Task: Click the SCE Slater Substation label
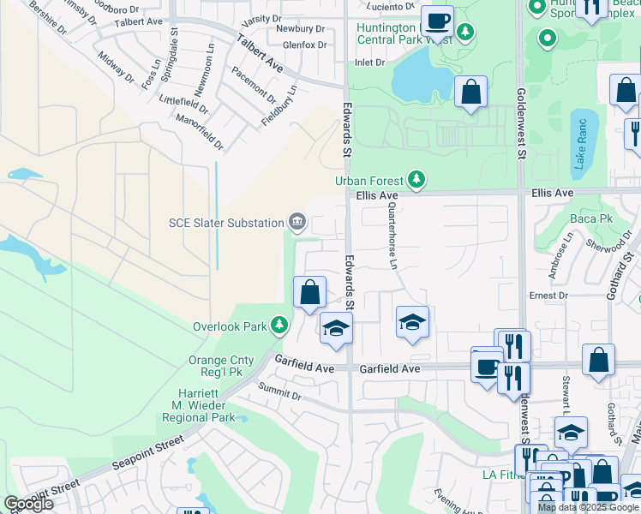[x=225, y=223]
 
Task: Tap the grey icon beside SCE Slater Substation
[x=297, y=223]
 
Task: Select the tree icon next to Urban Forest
[x=416, y=179]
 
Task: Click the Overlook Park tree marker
[x=279, y=326]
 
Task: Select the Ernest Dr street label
[x=548, y=296]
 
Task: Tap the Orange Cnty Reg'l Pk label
[x=223, y=368]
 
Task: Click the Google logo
[x=28, y=504]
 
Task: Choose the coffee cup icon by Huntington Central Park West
[x=437, y=20]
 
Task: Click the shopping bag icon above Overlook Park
[x=309, y=292]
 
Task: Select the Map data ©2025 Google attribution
[x=588, y=507]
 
